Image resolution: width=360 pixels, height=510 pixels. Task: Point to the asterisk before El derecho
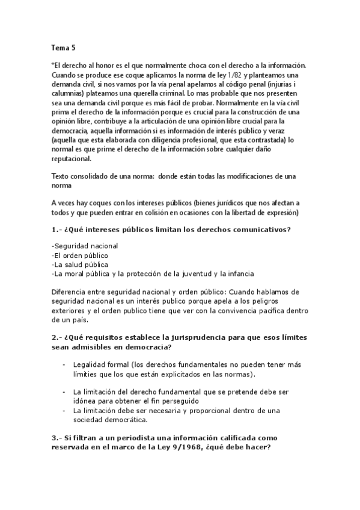52,64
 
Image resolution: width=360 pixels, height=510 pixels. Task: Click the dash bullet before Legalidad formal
64,364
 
